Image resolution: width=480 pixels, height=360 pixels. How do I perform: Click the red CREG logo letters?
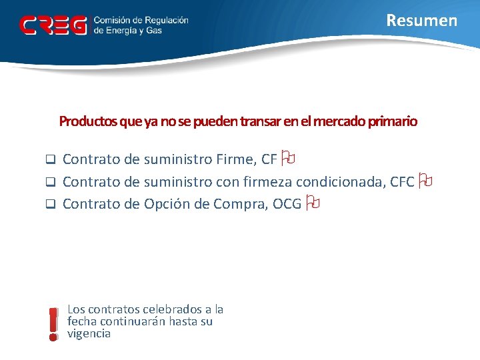pos(53,25)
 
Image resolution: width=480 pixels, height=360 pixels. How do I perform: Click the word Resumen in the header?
pos(422,21)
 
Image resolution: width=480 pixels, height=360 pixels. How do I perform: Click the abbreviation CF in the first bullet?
pos(269,159)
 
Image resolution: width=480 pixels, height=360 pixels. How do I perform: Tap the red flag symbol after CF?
pos(288,159)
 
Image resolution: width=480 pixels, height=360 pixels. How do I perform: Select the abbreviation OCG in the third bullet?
pos(287,204)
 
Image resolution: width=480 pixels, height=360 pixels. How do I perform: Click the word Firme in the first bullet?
pos(233,159)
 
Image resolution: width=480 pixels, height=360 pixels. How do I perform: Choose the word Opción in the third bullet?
pos(167,204)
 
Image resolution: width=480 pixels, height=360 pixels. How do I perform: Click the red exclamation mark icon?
pos(53,324)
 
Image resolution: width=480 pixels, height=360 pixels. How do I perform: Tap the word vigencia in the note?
pos(89,333)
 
